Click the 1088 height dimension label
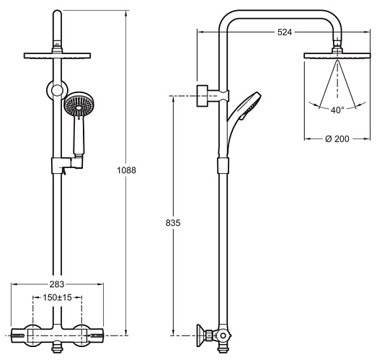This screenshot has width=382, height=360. click(126, 170)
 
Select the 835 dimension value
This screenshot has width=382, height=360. click(173, 223)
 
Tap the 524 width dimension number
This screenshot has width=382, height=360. click(285, 32)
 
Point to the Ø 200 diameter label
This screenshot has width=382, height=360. click(337, 139)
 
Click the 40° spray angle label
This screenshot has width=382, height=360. click(337, 110)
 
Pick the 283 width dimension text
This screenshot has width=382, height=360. click(57, 284)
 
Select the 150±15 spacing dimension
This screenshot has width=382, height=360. click(57, 297)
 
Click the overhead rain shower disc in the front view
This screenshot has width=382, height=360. click(57, 56)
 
